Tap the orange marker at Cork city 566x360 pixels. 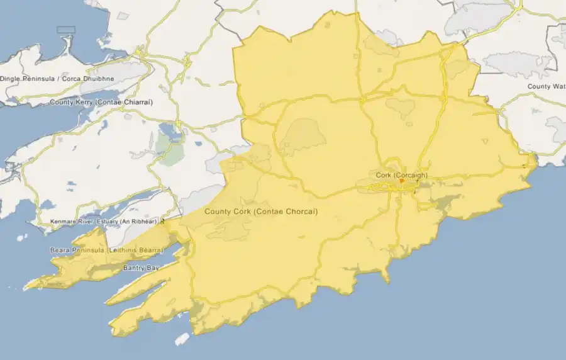(401, 181)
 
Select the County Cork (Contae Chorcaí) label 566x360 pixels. (261, 211)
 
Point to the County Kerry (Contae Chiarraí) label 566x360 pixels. (101, 102)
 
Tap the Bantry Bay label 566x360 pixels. (141, 268)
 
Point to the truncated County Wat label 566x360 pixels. (547, 86)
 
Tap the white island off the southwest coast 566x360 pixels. (182, 339)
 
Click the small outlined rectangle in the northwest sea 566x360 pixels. (65, 30)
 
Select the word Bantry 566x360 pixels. (134, 268)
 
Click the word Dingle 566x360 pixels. (10, 79)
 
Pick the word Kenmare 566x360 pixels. (63, 222)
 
